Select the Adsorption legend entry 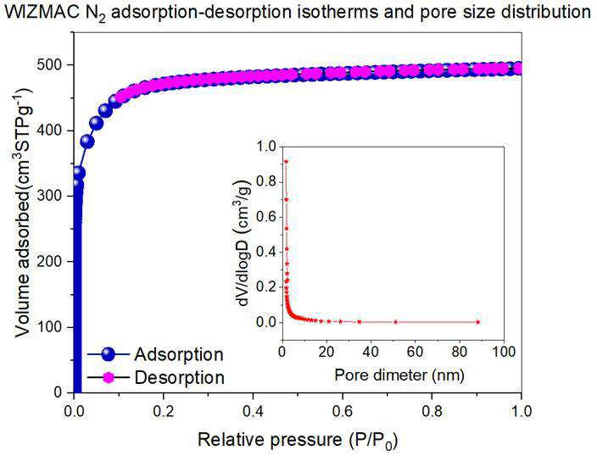point(155,354)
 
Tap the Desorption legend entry point(156,377)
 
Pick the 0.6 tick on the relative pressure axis point(343,411)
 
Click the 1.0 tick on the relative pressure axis point(521,411)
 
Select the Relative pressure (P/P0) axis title point(298,441)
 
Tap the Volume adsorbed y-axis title point(24,213)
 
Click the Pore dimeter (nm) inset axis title point(399,375)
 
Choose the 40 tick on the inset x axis point(370,352)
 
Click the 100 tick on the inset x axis point(503,352)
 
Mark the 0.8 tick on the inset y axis point(265,182)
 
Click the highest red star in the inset point(286,161)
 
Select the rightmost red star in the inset point(478,322)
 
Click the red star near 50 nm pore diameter point(396,322)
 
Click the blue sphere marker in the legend point(109,354)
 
